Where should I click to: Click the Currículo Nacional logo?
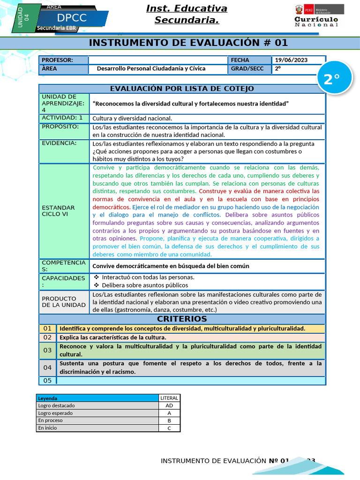316,16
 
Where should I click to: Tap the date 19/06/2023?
292,60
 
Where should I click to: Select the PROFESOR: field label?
57,60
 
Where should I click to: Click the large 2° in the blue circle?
331,79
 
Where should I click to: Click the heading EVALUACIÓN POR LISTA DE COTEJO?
182,89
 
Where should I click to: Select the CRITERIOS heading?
182,319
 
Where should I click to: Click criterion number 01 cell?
47,329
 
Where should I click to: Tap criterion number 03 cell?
47,350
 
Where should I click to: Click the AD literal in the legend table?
169,405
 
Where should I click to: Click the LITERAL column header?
169,398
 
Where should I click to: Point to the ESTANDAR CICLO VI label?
59,211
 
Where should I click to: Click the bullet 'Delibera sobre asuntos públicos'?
145,285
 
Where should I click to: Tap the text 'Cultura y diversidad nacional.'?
132,118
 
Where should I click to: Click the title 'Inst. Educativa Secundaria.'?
187,14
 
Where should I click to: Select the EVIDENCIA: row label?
59,143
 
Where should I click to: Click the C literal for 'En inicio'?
169,428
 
